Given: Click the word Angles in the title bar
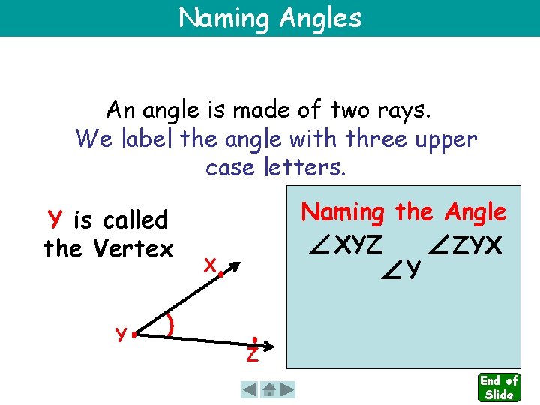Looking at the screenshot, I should point(320,17).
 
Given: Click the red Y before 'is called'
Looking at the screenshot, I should point(54,220).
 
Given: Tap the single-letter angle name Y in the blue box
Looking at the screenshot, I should point(414,268).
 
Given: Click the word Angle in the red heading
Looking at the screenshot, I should point(475,212).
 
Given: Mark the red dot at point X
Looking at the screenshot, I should point(221,274).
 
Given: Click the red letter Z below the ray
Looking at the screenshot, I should point(253,354).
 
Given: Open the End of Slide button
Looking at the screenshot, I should point(499,387).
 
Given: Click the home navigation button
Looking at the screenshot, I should point(268,389).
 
